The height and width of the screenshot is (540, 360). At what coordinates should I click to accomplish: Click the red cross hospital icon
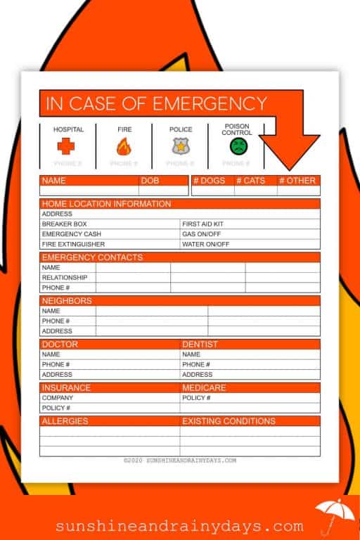tap(65, 146)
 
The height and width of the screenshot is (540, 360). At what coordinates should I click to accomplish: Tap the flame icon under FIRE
tap(123, 146)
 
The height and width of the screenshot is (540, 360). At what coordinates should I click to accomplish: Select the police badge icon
tap(180, 146)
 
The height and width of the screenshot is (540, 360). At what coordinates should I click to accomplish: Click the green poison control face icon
tap(239, 146)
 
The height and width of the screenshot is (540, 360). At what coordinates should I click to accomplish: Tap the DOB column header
tap(150, 181)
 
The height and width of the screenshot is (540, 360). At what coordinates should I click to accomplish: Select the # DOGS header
tap(210, 181)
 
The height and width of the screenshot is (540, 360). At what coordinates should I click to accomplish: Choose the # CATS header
tap(250, 181)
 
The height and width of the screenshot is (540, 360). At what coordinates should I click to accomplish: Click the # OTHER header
tap(297, 181)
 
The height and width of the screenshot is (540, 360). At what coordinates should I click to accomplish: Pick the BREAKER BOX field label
tap(65, 224)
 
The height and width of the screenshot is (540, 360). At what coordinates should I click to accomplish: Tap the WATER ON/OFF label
tap(206, 244)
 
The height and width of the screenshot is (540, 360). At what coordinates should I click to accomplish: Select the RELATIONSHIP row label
tap(65, 278)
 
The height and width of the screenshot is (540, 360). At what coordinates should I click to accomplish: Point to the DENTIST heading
tap(199, 345)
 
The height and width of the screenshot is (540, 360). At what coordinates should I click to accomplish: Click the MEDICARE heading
tap(204, 387)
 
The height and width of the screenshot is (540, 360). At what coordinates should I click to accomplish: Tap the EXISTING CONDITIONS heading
tap(229, 421)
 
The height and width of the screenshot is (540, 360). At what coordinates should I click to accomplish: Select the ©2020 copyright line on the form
tap(179, 461)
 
